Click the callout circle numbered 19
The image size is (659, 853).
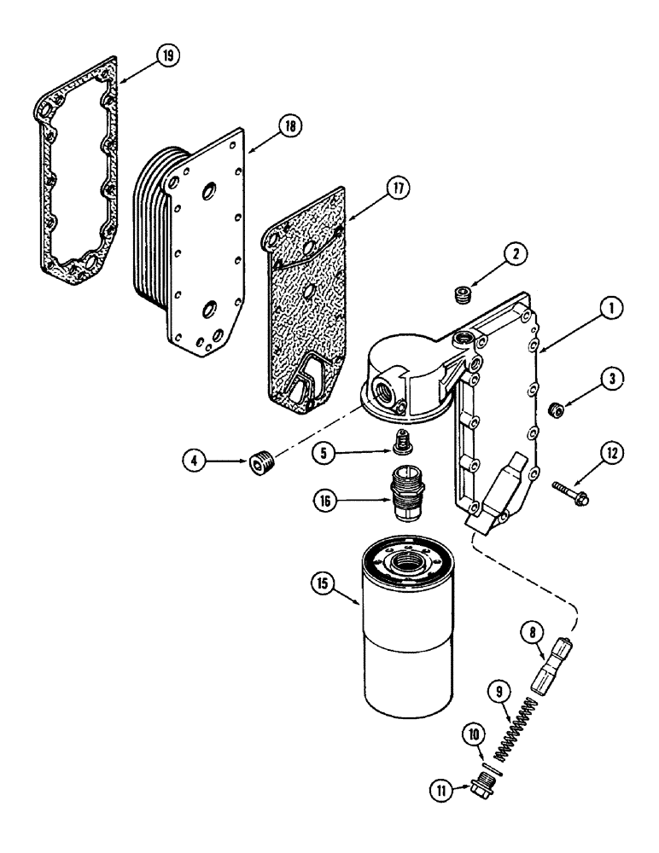pos(168,55)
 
